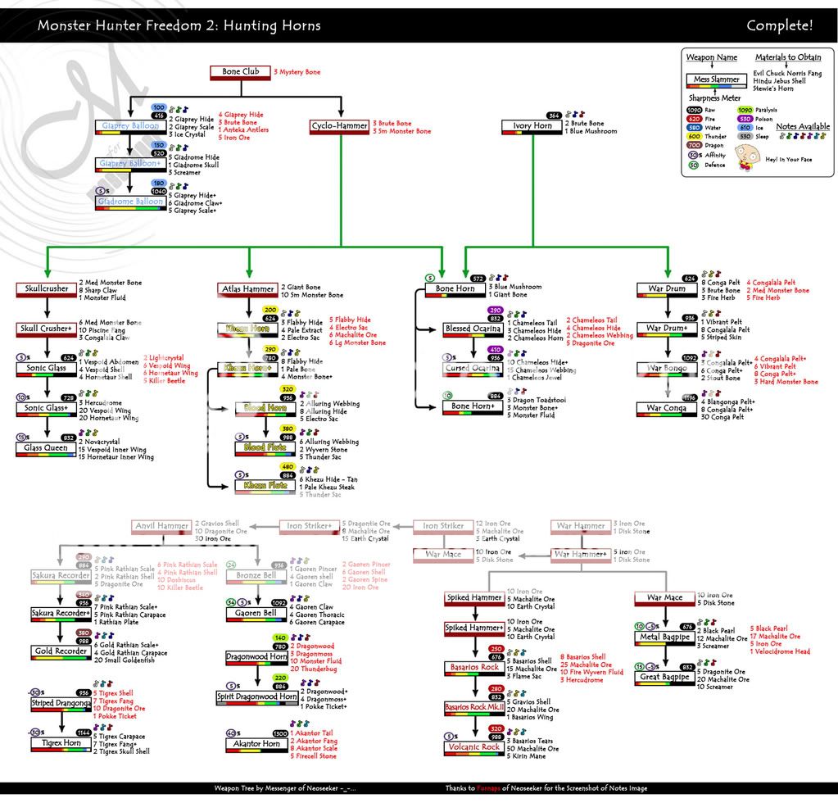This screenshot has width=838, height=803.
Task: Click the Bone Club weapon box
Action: pyautogui.click(x=241, y=73)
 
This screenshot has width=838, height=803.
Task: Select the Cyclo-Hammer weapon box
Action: pyautogui.click(x=338, y=127)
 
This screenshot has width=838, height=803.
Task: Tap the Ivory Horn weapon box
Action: pyautogui.click(x=532, y=127)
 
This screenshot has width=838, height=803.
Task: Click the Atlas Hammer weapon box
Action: pyautogui.click(x=247, y=289)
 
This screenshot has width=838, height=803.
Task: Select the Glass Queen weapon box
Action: pyautogui.click(x=45, y=448)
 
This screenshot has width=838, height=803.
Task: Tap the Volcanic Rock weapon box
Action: pyautogui.click(x=473, y=748)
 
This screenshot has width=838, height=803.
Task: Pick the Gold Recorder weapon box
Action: pyautogui.click(x=59, y=651)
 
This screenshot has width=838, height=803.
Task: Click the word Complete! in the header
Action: pyautogui.click(x=779, y=25)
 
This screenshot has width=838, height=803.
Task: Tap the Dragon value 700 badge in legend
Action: pyautogui.click(x=695, y=145)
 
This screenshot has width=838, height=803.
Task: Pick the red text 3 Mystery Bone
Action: pyautogui.click(x=297, y=72)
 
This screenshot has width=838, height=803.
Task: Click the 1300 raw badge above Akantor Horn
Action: pyautogui.click(x=280, y=733)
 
